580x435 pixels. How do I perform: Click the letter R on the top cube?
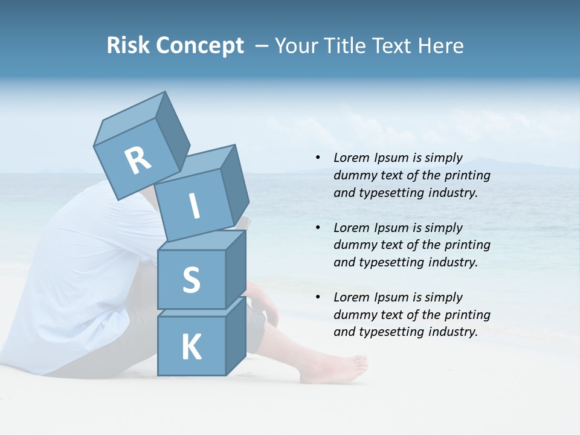(x=138, y=161)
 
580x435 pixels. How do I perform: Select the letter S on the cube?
(x=191, y=280)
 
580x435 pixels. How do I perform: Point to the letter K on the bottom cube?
(x=191, y=347)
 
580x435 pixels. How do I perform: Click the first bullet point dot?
(x=318, y=158)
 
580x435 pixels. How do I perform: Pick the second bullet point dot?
(x=318, y=228)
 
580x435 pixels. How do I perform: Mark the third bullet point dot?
(x=318, y=297)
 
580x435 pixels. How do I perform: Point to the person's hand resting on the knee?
(x=266, y=308)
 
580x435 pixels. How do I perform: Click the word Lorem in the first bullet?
(x=350, y=158)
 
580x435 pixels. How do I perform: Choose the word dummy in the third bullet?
(x=353, y=315)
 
